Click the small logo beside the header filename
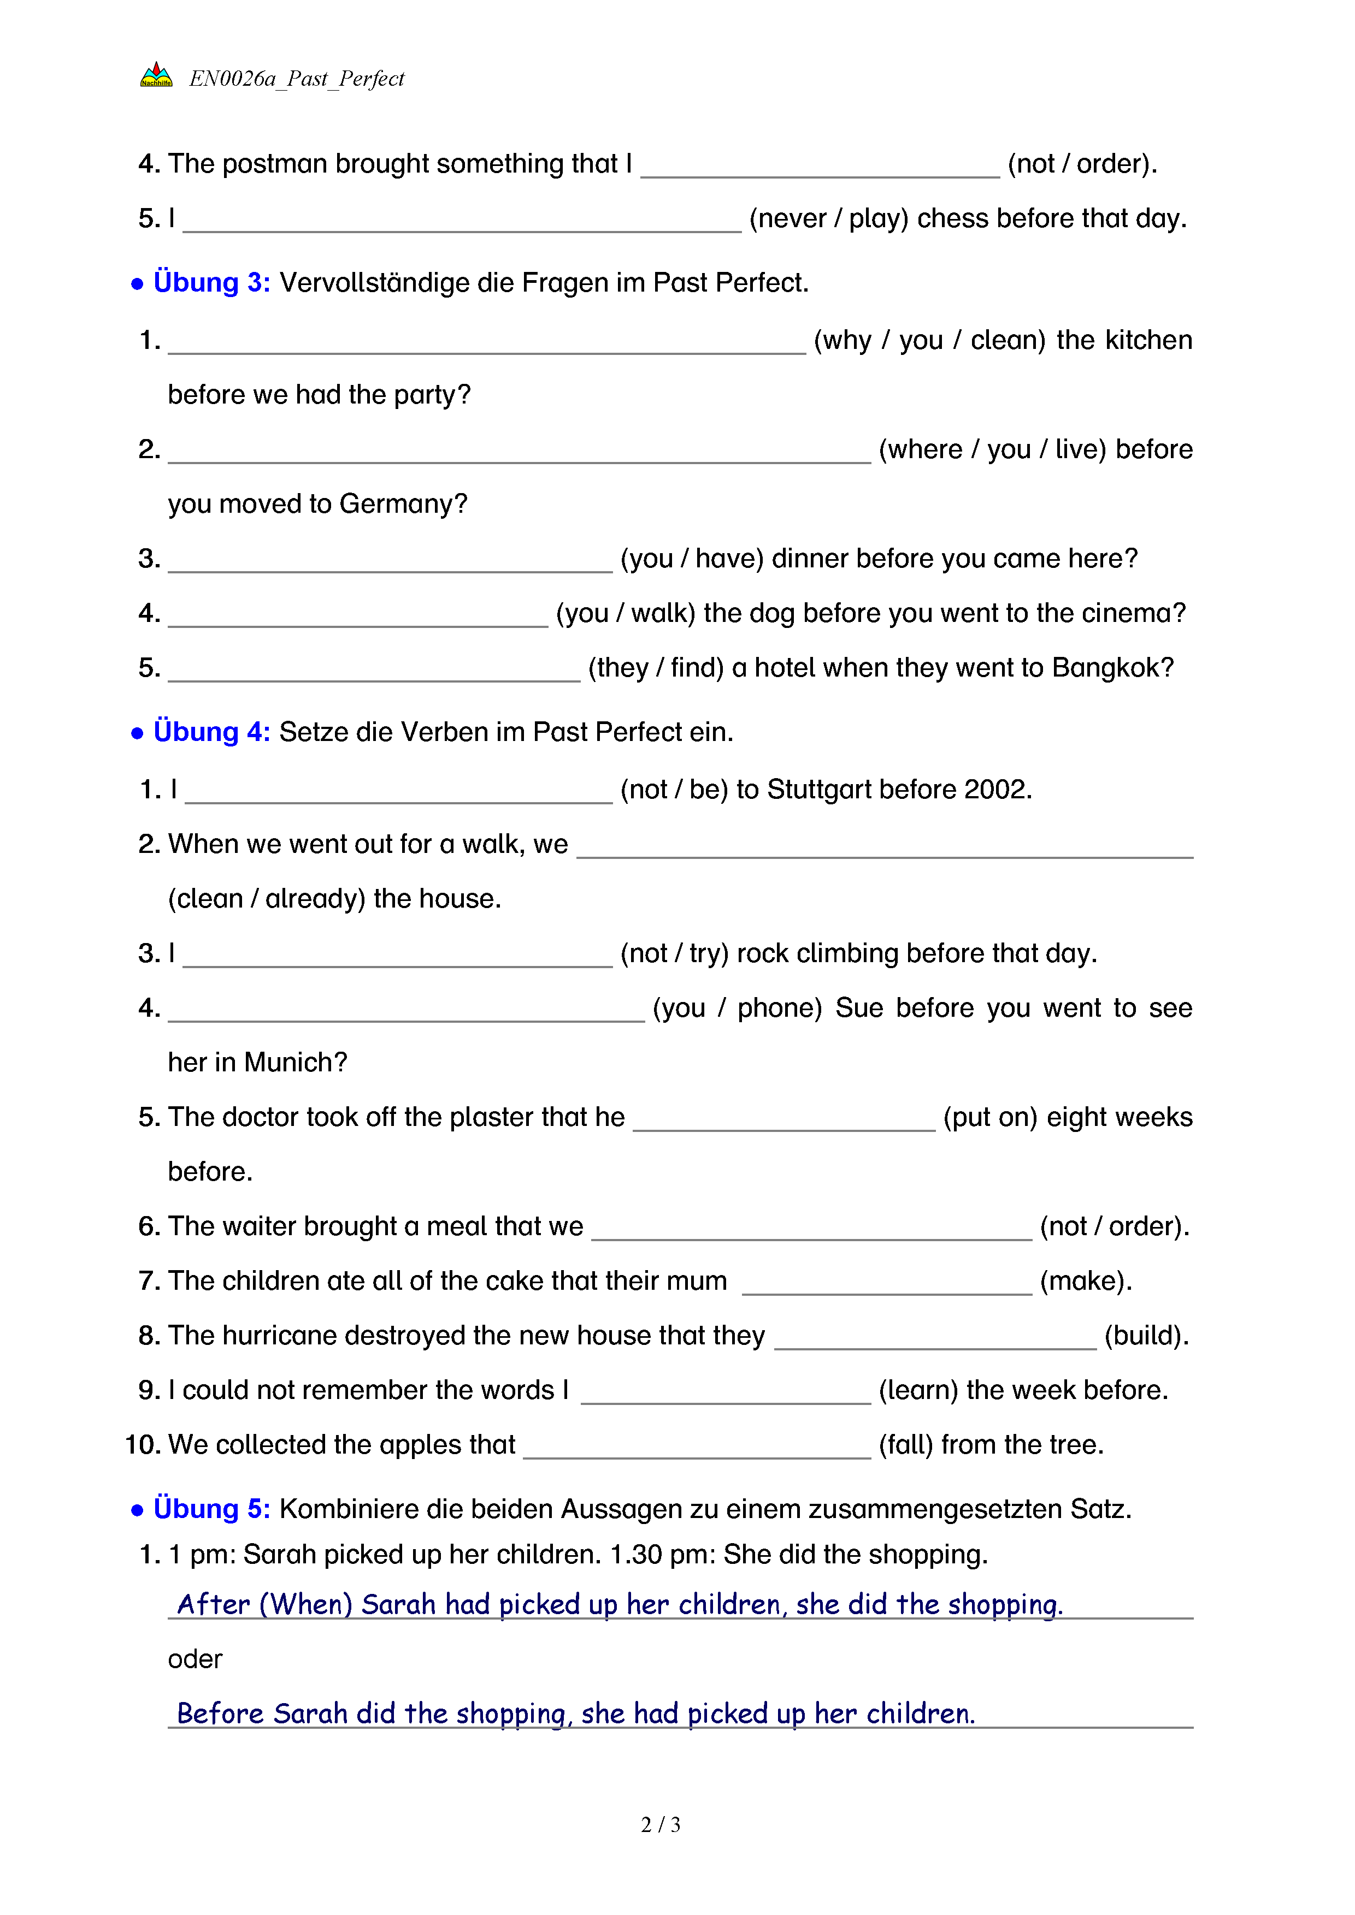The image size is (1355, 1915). (x=156, y=76)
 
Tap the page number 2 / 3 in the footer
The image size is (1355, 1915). (x=660, y=1824)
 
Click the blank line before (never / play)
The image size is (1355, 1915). (x=461, y=225)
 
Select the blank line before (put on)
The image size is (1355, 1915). (x=783, y=1123)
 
